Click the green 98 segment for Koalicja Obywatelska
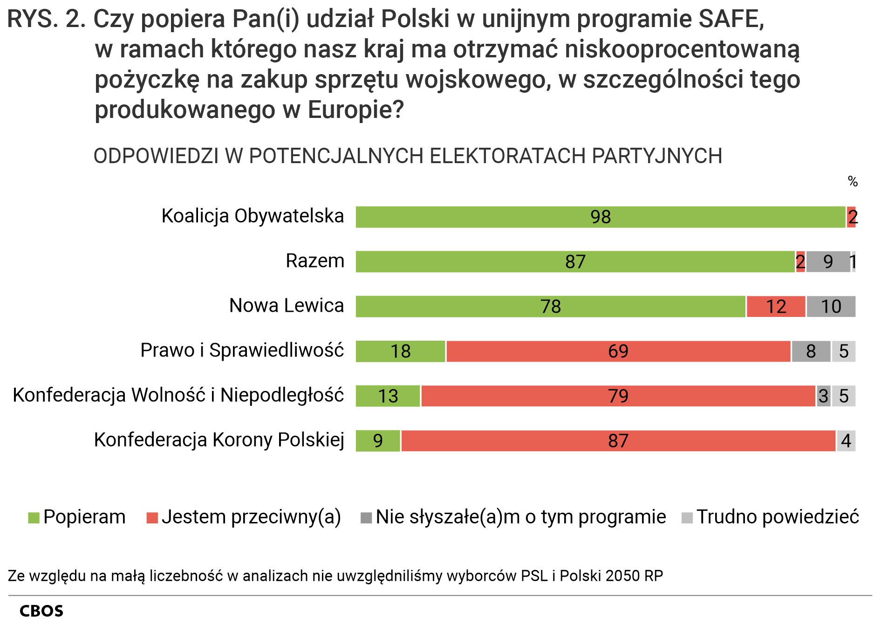[600, 217]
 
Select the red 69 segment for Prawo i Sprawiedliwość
[618, 351]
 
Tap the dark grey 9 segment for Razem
[828, 262]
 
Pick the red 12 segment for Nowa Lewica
[776, 307]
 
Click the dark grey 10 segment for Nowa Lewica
[831, 307]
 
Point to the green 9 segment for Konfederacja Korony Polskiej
[378, 441]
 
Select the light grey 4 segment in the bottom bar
[846, 441]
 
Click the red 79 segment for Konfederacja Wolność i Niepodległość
[618, 396]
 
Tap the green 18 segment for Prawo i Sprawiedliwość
[400, 351]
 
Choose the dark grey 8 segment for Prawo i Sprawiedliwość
[811, 351]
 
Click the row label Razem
[315, 261]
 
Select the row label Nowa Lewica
[287, 306]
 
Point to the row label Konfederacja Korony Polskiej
[219, 440]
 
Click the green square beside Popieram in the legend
[34, 518]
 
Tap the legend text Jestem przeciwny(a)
[252, 517]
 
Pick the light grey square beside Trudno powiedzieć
[687, 518]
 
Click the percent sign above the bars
[853, 181]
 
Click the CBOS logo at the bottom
[41, 611]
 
